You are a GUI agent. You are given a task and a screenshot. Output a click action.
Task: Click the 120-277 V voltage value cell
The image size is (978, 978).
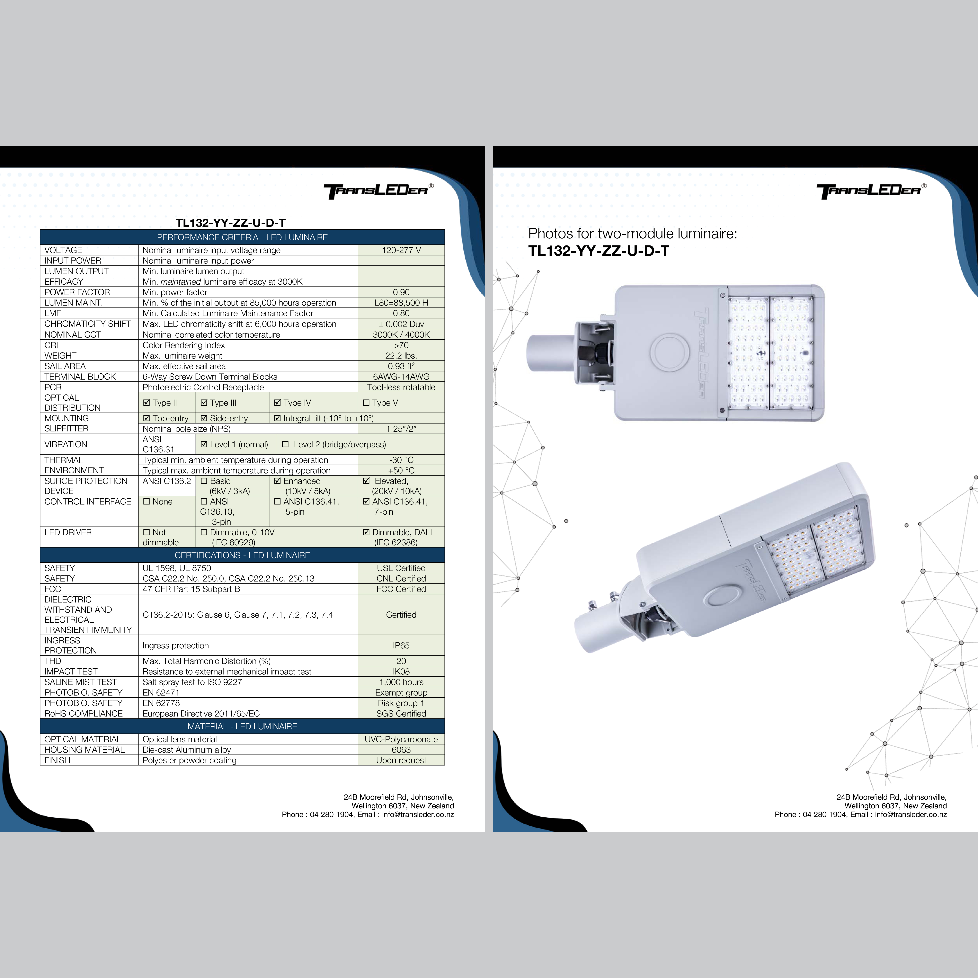point(401,250)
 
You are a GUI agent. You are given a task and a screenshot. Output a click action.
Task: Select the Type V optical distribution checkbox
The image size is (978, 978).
point(366,403)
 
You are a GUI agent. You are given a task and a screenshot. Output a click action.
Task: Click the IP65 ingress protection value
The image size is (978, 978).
point(401,645)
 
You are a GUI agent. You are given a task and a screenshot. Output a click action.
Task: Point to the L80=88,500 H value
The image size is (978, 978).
point(401,303)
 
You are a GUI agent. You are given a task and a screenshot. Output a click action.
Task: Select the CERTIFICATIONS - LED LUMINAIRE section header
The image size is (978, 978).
point(242,555)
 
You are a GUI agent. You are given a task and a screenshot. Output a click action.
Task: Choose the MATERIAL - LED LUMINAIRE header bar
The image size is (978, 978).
point(242,726)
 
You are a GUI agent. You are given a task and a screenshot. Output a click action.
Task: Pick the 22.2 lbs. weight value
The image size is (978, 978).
point(401,356)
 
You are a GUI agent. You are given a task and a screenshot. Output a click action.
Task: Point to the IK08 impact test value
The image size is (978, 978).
point(401,672)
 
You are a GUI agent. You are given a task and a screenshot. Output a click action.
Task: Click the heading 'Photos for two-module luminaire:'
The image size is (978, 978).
point(632,234)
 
